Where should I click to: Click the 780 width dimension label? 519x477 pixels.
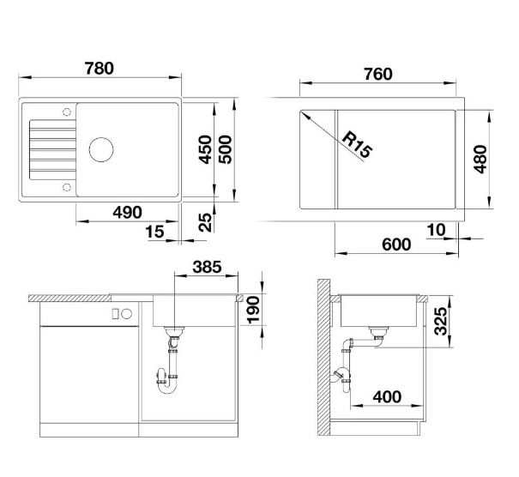coord(100,68)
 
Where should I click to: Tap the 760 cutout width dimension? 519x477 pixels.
coord(378,74)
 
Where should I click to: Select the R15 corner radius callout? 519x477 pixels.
coord(357,145)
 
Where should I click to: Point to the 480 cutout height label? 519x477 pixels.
coord(480,160)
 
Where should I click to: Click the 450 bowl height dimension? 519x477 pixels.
coord(205,149)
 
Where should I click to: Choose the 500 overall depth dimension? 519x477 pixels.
coord(226,149)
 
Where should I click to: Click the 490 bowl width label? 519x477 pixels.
coord(128,213)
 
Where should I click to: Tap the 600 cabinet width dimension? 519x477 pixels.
coord(396,245)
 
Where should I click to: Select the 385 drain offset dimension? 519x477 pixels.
coord(207,267)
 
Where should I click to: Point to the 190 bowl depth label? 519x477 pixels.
coord(254,310)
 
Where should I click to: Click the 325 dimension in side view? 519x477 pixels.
coord(441,321)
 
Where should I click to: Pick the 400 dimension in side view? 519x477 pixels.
coord(387,396)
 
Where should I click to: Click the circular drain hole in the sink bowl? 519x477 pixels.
coord(101,149)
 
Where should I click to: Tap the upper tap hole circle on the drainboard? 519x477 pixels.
coord(67,112)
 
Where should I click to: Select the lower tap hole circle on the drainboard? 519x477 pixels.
coord(67,187)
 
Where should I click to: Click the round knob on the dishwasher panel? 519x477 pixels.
coord(126,313)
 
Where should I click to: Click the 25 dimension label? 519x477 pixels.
coord(205,222)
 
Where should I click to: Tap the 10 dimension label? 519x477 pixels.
coord(436,230)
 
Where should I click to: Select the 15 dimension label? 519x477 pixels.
coord(154,232)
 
